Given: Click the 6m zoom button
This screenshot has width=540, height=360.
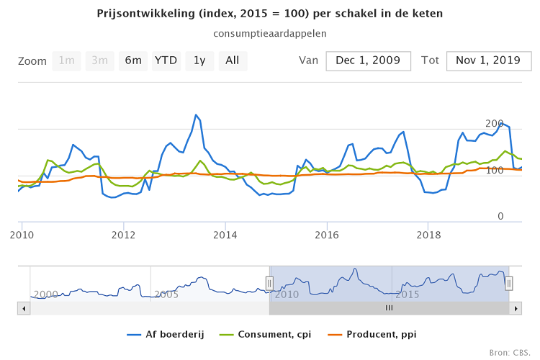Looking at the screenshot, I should point(133,61).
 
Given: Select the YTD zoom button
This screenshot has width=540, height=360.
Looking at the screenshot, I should point(166,61).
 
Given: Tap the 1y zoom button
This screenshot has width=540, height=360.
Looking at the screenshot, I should point(199,61).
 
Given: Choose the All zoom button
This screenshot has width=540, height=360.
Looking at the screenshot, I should point(233,61).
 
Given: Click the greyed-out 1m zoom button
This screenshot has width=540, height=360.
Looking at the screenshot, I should point(67,61).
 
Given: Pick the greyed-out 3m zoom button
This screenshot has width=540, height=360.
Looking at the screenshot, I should point(100,61).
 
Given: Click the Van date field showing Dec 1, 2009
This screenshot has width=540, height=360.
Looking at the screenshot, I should point(368,61).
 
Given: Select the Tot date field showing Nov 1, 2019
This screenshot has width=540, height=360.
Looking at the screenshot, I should point(488,61).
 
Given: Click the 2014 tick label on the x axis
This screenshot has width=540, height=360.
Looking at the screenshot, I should point(225,235).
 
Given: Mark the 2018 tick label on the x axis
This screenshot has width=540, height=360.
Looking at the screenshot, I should point(429,235).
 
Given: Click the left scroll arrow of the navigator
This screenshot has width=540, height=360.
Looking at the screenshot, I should point(24,307).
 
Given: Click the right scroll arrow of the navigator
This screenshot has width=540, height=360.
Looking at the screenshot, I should point(515,307).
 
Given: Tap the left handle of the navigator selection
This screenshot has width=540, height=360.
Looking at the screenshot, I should point(269,284).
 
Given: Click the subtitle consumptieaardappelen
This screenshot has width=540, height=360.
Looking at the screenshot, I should point(270,33).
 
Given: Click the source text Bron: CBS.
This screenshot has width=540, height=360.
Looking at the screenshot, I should point(512,352).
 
